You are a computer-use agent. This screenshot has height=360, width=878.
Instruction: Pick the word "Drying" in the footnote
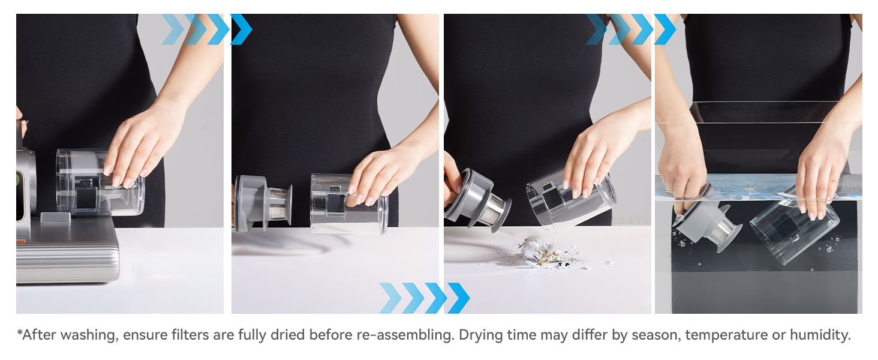[480, 335]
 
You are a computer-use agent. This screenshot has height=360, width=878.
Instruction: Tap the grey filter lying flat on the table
[263, 203]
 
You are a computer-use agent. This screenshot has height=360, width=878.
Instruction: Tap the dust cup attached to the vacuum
[100, 182]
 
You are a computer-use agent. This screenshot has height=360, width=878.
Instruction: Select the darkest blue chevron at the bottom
[459, 298]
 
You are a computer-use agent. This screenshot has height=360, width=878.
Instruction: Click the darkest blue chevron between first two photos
[241, 29]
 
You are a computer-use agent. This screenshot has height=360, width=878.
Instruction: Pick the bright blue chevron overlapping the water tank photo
[665, 29]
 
